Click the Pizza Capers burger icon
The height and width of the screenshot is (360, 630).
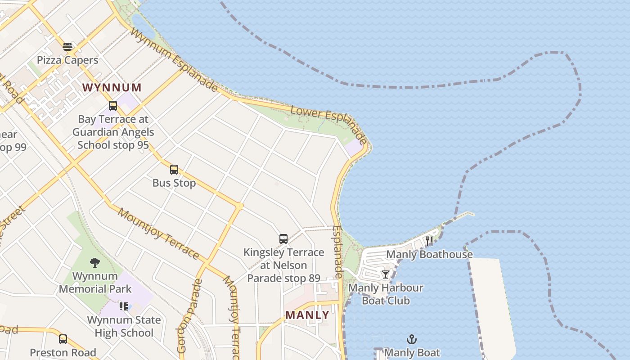tap(67, 47)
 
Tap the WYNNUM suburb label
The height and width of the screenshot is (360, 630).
tap(112, 88)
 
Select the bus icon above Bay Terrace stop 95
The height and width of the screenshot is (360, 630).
tap(113, 106)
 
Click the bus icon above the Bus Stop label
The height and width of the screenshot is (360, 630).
tap(174, 170)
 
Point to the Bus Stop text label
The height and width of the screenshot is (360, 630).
tap(174, 183)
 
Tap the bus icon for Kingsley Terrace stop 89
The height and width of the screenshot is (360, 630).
tap(283, 239)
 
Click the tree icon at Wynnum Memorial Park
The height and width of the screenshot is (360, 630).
tap(94, 262)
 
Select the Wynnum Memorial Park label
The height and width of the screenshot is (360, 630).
tap(95, 283)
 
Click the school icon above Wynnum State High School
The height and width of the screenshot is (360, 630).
tap(124, 306)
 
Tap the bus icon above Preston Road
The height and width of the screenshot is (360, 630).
tap(63, 339)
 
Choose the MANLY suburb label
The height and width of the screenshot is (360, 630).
tap(308, 315)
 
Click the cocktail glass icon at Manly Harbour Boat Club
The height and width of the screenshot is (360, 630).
tap(386, 274)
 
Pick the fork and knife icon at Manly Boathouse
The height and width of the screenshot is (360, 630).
tap(429, 241)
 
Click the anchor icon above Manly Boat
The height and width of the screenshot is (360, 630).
tap(411, 339)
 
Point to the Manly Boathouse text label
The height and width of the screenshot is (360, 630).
tap(430, 254)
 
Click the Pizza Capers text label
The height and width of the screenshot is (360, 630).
tap(67, 60)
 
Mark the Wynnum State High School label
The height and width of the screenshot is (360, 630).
tap(124, 326)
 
